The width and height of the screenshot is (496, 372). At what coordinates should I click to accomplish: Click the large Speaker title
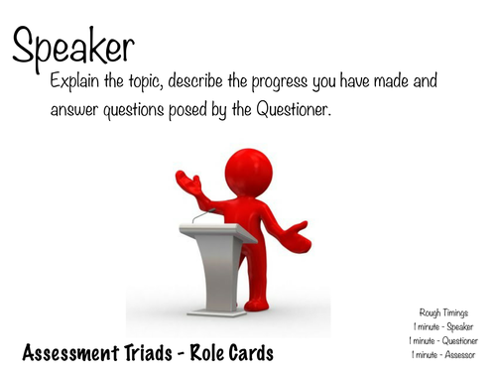tap(73, 47)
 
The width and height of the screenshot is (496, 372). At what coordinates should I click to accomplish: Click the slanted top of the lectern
tap(217, 231)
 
